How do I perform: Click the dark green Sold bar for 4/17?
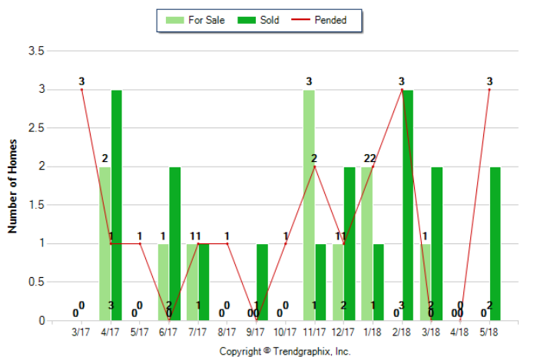[x=117, y=205]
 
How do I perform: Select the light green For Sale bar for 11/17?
[x=308, y=205]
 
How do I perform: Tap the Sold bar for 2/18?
[x=408, y=205]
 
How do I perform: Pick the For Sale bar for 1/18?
[x=366, y=243]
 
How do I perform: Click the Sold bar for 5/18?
[x=496, y=243]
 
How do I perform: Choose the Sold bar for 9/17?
[x=263, y=282]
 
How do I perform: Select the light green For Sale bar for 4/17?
[x=104, y=243]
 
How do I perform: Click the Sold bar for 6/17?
[x=175, y=243]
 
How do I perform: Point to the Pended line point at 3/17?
[x=81, y=90]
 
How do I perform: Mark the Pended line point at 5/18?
[x=489, y=90]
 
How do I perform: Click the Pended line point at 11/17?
[x=314, y=167]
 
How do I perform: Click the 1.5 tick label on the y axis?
[x=35, y=205]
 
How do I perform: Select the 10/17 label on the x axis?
[x=285, y=332]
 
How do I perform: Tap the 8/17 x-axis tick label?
[x=227, y=332]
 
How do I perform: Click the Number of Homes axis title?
[x=12, y=186]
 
